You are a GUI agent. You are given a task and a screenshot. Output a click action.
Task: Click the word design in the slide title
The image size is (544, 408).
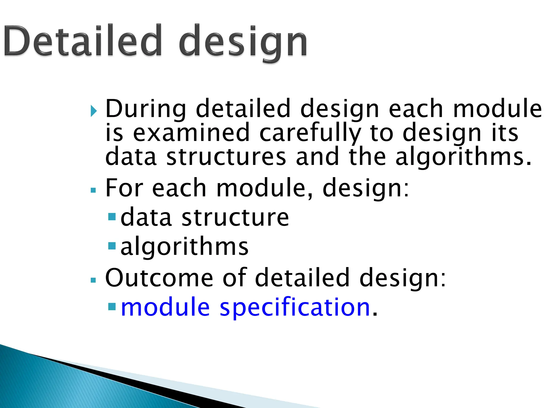[x=243, y=42]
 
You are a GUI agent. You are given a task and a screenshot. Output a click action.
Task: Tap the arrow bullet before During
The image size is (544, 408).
[x=93, y=111]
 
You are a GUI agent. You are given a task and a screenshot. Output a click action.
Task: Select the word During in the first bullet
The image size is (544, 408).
[x=146, y=109]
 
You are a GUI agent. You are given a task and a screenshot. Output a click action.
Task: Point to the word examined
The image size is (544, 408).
[x=191, y=133]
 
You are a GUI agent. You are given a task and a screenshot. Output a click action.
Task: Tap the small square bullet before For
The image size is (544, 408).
[x=93, y=190]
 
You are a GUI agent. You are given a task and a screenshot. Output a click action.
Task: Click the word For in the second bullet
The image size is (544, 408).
[x=124, y=188]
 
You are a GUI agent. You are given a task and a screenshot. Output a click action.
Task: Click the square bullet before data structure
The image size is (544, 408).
[x=112, y=217]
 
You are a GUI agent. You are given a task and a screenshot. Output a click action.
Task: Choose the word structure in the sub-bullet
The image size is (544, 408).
[x=235, y=218]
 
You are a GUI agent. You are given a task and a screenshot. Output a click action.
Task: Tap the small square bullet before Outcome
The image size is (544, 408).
[x=93, y=280]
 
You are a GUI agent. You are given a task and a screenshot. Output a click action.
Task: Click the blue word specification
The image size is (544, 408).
[x=295, y=308]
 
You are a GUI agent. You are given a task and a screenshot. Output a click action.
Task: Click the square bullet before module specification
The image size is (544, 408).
[x=112, y=307]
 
